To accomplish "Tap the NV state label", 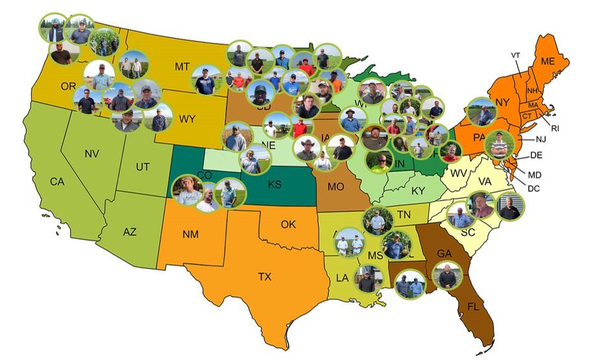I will click(x=91, y=154).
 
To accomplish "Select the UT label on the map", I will click(x=143, y=167).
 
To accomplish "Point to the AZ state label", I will click(x=129, y=232).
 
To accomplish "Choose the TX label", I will click(x=265, y=277).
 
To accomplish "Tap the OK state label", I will click(x=288, y=225).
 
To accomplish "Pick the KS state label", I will click(x=274, y=185).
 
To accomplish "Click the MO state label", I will click(x=335, y=187).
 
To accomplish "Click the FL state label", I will click(x=473, y=306).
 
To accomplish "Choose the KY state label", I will click(x=418, y=191).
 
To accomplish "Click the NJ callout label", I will click(x=541, y=139).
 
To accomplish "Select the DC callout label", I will click(x=535, y=188).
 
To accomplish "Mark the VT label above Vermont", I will click(x=516, y=55).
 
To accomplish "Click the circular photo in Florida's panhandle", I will click(x=410, y=284).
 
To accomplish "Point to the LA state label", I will click(x=341, y=278).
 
